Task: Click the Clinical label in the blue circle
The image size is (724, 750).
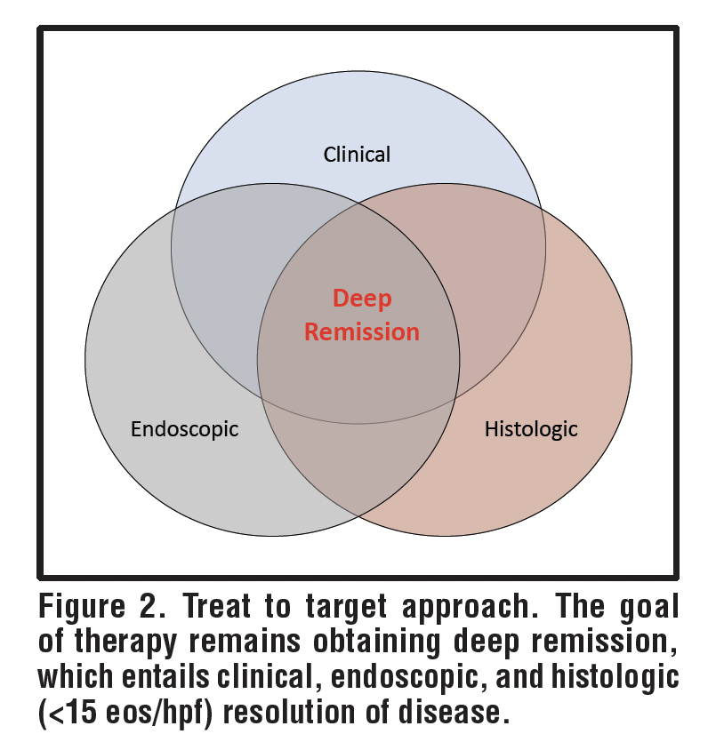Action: click(x=357, y=155)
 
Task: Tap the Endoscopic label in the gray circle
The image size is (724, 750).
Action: click(x=184, y=429)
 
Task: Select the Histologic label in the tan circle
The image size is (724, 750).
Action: click(x=531, y=429)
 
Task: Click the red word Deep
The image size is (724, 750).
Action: click(x=362, y=299)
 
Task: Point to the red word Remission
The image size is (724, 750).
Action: click(x=361, y=331)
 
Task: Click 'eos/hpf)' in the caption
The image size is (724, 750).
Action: click(x=170, y=712)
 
